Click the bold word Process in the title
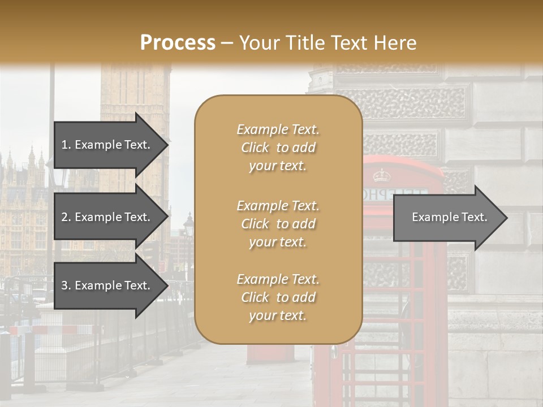tap(178, 42)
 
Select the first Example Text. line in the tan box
tap(278, 129)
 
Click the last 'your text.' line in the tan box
tap(278, 316)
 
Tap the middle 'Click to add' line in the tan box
tap(278, 224)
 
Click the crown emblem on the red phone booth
tap(382, 175)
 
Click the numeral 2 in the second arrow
tap(65, 217)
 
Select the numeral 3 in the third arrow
tap(65, 285)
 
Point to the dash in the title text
tap(226, 43)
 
